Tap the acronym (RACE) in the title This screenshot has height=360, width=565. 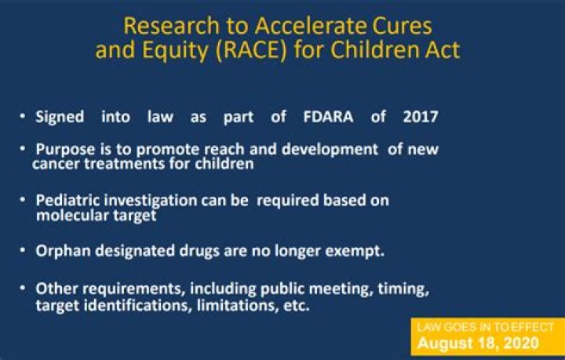tap(252, 49)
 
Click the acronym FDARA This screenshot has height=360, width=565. tap(328, 117)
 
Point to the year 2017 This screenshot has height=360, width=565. tap(421, 117)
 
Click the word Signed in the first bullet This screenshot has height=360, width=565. tap(60, 118)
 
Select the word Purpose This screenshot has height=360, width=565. tap(66, 149)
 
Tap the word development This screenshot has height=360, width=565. tap(330, 149)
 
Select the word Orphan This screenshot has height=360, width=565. tap(63, 251)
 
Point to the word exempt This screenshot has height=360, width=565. tap(355, 251)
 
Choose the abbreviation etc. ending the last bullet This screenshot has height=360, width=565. tap(297, 306)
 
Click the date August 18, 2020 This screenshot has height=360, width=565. tap(478, 343)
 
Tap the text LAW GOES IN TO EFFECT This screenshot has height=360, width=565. tap(485, 327)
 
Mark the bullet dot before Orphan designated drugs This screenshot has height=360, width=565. tap(23, 249)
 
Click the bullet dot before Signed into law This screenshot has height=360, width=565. tap(23, 116)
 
